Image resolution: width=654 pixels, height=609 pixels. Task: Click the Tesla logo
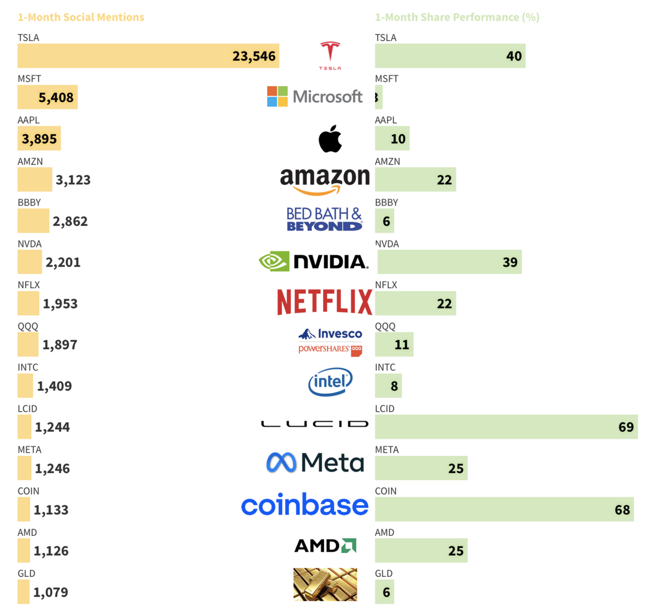click(x=330, y=55)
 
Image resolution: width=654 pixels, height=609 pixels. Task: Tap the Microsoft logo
click(x=314, y=97)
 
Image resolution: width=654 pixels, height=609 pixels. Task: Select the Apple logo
click(x=330, y=138)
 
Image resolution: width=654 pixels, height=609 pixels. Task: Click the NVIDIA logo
click(x=313, y=262)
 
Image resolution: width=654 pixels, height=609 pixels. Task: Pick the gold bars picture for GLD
click(x=325, y=584)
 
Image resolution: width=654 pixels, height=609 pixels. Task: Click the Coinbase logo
click(x=305, y=505)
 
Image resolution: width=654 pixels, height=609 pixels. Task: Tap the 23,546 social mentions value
click(x=254, y=56)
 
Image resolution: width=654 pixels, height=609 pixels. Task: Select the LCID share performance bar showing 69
click(x=506, y=427)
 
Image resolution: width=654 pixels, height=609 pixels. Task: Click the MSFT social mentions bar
click(x=47, y=97)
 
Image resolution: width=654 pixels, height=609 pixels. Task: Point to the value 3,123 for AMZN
click(x=73, y=180)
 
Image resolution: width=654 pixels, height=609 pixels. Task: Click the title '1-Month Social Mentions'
click(x=81, y=17)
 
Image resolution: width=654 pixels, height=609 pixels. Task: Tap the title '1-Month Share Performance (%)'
click(x=457, y=17)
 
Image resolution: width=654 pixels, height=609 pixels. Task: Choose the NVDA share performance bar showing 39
click(x=449, y=262)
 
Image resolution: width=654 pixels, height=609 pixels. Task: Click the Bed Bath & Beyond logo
click(x=324, y=219)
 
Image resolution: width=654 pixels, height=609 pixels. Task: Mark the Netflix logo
click(x=324, y=302)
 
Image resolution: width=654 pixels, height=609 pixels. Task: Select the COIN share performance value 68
click(x=622, y=510)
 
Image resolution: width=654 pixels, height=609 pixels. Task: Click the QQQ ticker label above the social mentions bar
click(x=28, y=326)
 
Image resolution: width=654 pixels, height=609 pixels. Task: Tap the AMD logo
click(x=325, y=545)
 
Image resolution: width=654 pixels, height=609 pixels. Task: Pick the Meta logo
click(x=315, y=463)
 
